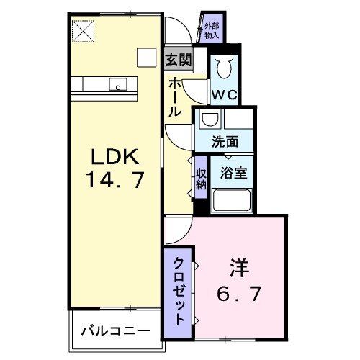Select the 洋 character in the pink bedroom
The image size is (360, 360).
240,268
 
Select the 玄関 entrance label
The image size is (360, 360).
178,60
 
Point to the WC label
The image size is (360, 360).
223,94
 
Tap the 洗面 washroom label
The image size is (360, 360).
222,142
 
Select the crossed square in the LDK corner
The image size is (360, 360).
83,31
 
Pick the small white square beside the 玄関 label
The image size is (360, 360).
147,58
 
